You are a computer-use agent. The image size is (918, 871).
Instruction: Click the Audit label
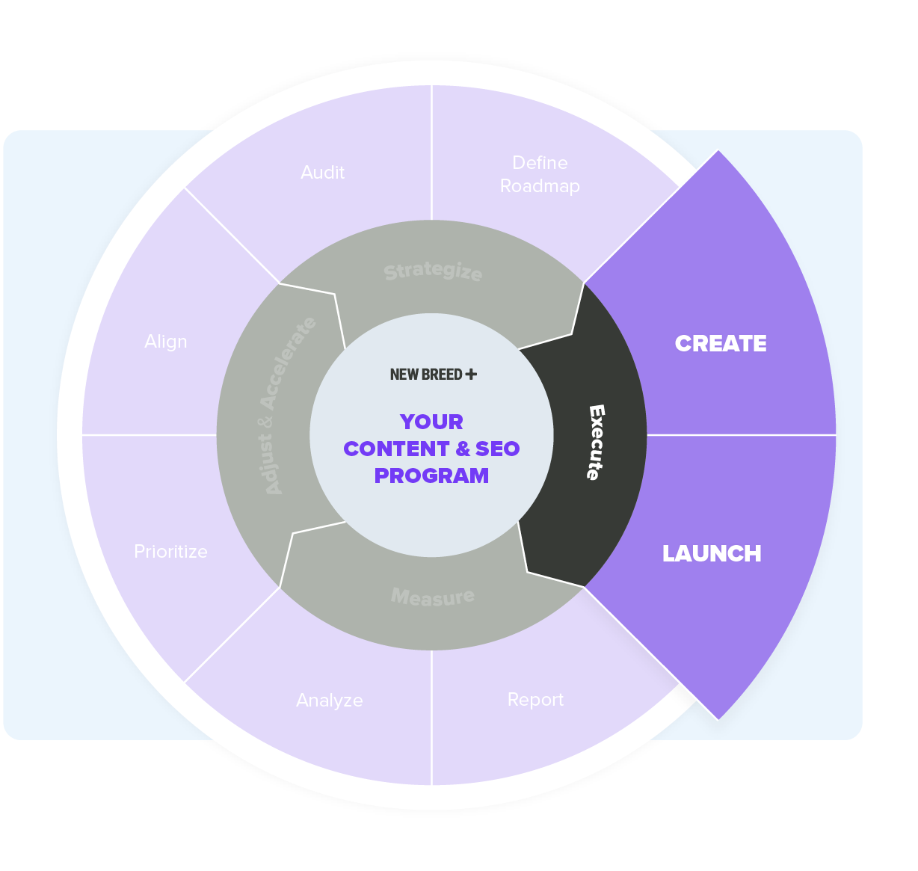tap(322, 173)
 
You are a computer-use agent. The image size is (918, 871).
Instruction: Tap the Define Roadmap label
tap(540, 174)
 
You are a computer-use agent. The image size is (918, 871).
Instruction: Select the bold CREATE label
tap(721, 343)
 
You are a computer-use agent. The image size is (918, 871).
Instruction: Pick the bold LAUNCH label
tap(712, 553)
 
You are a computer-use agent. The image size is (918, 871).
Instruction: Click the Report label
tap(535, 700)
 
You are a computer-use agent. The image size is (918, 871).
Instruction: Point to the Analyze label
tap(330, 701)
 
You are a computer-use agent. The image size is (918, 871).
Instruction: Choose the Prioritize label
tap(170, 552)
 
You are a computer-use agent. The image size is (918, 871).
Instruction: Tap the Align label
tap(166, 342)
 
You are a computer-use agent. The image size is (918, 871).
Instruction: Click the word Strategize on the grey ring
tap(433, 271)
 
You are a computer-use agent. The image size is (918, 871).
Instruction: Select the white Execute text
tap(596, 442)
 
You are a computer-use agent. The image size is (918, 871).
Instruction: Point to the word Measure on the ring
tap(433, 597)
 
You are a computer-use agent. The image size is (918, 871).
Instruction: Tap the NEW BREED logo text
tap(425, 375)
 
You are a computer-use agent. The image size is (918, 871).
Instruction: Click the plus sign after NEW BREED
tap(471, 374)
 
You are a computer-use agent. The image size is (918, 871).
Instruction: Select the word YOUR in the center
tap(431, 422)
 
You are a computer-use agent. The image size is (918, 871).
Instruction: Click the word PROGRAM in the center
tap(431, 475)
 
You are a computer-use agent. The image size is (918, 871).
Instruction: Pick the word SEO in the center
tap(497, 449)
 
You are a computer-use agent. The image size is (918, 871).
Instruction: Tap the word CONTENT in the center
tap(396, 449)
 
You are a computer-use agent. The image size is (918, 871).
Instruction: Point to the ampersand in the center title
tap(463, 449)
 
